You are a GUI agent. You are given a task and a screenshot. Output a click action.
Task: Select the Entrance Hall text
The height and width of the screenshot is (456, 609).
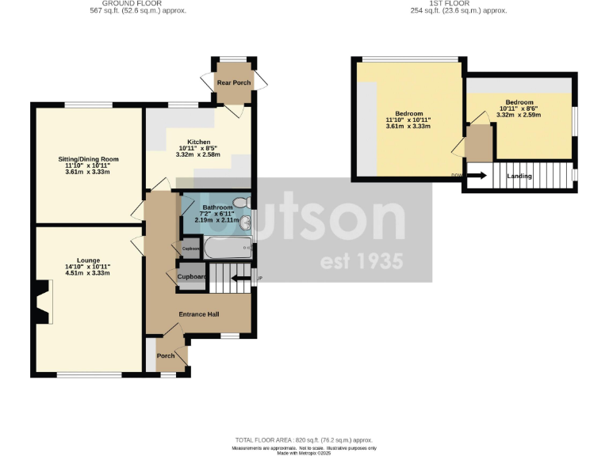pyautogui.click(x=199, y=314)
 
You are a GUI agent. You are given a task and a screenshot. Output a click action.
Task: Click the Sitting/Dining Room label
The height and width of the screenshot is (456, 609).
pyautogui.click(x=89, y=158)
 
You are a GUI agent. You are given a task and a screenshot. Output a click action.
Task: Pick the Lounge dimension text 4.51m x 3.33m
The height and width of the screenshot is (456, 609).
pyautogui.click(x=87, y=273)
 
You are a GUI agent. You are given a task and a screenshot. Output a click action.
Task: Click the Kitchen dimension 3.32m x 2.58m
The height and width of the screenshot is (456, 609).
pyautogui.click(x=199, y=155)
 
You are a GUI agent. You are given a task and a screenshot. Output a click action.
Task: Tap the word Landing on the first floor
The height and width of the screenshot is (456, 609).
pyautogui.click(x=519, y=176)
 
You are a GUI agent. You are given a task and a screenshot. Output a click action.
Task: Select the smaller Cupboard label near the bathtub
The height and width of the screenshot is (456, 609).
pyautogui.click(x=191, y=249)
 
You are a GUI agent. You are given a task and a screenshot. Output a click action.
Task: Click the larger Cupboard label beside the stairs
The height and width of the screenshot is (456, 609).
pyautogui.click(x=191, y=277)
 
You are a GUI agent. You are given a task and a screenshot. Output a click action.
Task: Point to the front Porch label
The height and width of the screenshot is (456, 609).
pyautogui.click(x=165, y=355)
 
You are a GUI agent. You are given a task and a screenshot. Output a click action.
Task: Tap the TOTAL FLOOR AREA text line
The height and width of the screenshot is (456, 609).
pyautogui.click(x=304, y=439)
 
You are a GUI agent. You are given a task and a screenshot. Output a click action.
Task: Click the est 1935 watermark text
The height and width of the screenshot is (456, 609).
pyautogui.click(x=361, y=261)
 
